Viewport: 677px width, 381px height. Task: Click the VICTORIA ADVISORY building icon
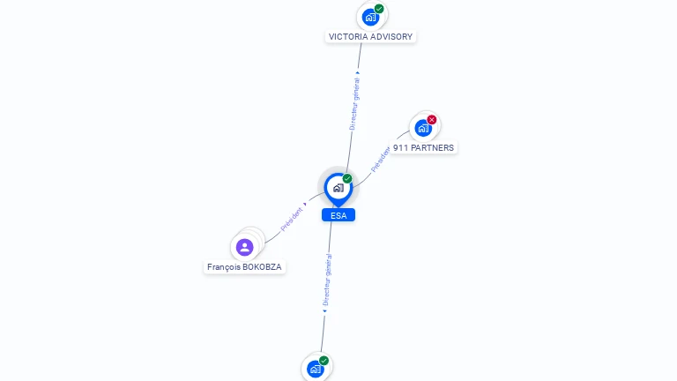tap(370, 18)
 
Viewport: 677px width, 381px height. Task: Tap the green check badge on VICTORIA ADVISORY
tap(379, 9)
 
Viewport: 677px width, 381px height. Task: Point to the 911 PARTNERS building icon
tap(423, 128)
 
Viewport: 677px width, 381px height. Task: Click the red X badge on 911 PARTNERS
tap(432, 120)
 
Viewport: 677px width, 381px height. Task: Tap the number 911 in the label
tap(400, 148)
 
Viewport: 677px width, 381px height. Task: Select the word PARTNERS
tap(432, 148)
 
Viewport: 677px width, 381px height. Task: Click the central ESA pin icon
tap(338, 189)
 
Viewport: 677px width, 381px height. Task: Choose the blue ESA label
tap(338, 215)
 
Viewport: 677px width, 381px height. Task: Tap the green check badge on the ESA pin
tap(347, 178)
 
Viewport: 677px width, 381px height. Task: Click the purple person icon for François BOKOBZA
tap(244, 248)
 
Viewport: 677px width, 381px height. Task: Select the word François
tap(224, 267)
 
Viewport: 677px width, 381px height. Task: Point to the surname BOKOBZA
tap(262, 267)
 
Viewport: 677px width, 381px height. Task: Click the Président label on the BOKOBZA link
tap(292, 220)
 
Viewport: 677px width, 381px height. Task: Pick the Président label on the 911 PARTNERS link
tap(381, 160)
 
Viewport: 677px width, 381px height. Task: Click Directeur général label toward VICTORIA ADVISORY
tap(354, 104)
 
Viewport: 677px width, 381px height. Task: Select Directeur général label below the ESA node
tap(328, 280)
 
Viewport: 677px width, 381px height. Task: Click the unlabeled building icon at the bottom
tap(316, 370)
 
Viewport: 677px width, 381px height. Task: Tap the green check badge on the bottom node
tap(324, 361)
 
